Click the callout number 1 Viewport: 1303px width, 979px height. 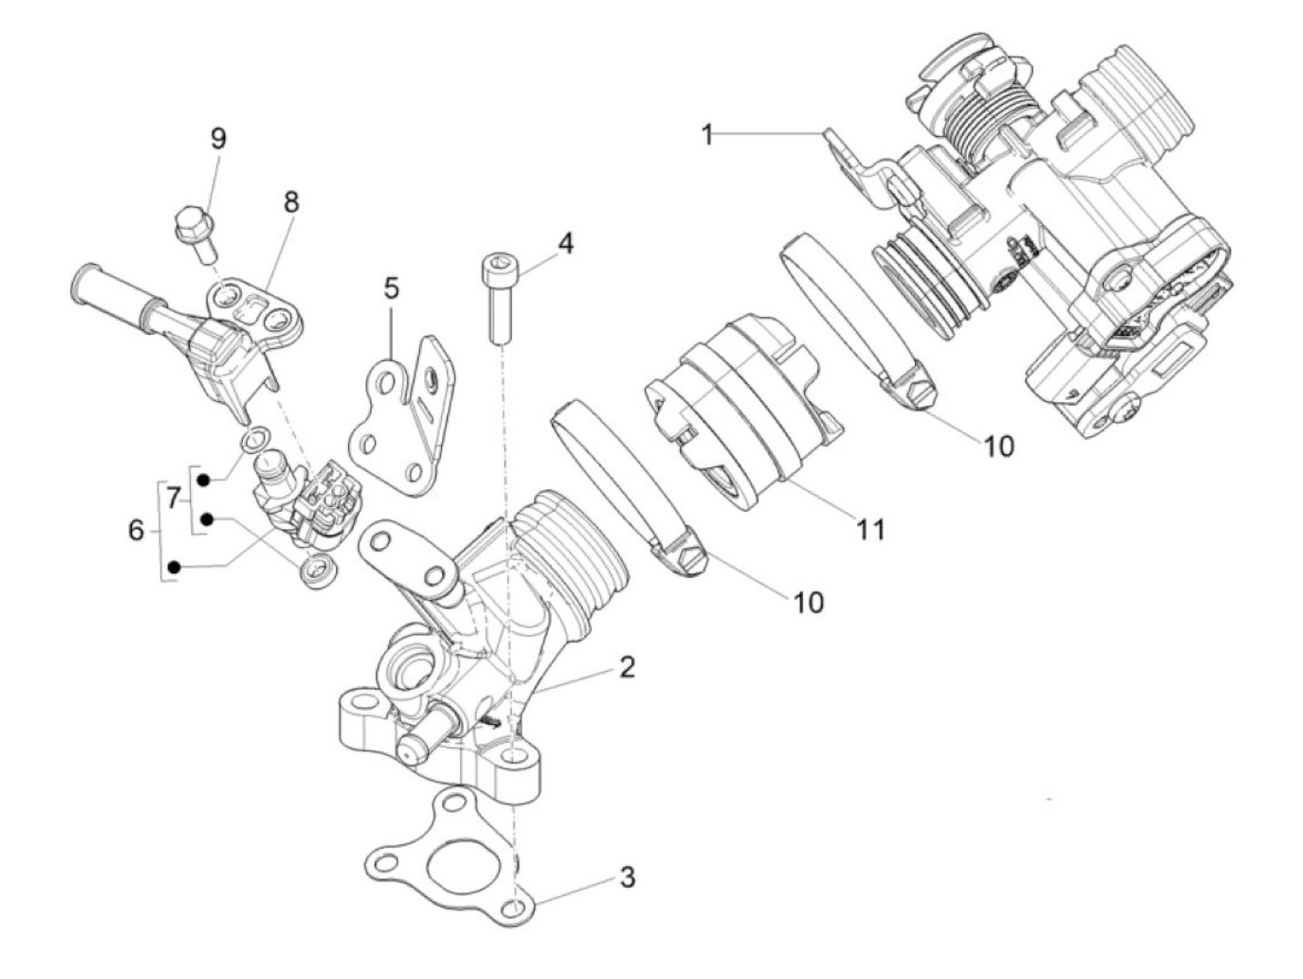click(x=707, y=135)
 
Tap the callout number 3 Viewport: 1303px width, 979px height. click(x=627, y=877)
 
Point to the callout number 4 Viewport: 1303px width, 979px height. click(x=566, y=243)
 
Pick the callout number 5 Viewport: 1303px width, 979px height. click(x=391, y=288)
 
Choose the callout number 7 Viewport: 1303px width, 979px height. click(x=172, y=499)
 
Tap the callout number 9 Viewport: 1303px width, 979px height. click(x=219, y=139)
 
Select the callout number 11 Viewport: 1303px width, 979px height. click(x=869, y=529)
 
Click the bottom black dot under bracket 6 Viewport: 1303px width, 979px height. click(x=173, y=568)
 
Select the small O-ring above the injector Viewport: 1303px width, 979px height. click(x=256, y=438)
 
